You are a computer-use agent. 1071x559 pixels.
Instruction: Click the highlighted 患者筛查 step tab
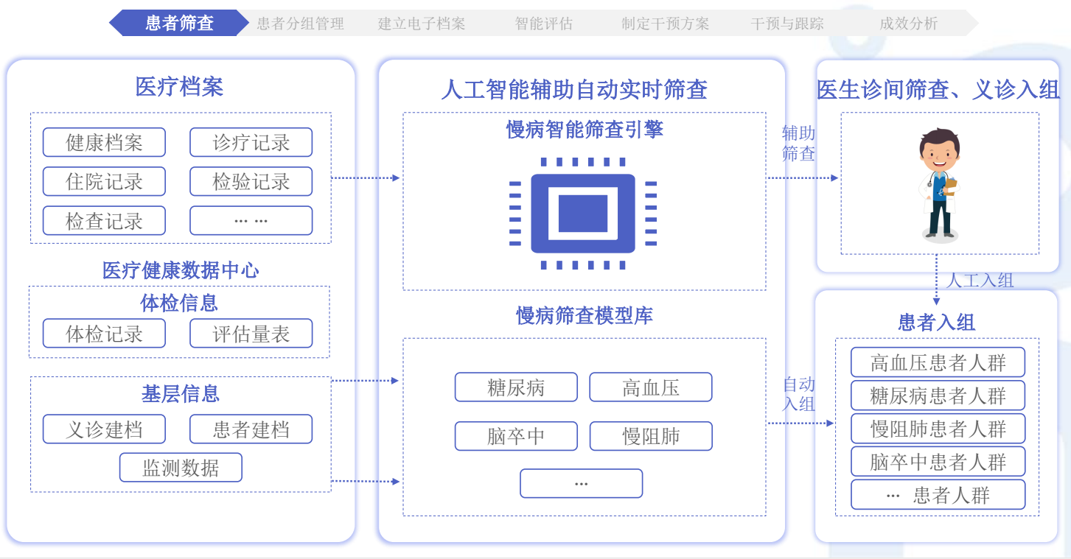click(179, 23)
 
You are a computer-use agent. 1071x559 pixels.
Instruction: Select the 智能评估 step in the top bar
click(544, 24)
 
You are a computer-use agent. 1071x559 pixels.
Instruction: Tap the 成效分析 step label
click(908, 24)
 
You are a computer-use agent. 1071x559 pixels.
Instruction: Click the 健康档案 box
click(104, 142)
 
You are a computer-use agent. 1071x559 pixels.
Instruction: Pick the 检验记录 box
click(251, 182)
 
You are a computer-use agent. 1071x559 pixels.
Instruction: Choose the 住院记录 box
click(104, 182)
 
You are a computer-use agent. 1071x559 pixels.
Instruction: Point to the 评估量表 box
click(251, 334)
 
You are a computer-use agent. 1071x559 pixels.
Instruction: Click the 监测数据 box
click(181, 467)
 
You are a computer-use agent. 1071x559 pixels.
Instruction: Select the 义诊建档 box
click(104, 429)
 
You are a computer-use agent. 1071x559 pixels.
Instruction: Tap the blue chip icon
click(583, 213)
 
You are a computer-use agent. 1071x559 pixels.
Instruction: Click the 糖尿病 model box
click(516, 387)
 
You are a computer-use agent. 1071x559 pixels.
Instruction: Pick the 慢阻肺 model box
click(651, 436)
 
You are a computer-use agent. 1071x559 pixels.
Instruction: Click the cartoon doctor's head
click(940, 150)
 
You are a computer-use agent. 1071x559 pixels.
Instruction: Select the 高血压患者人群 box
click(938, 362)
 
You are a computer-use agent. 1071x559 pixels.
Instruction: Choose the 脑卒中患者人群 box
click(938, 462)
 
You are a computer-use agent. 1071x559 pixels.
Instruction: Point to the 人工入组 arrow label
click(980, 281)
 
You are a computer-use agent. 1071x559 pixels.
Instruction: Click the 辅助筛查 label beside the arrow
click(798, 143)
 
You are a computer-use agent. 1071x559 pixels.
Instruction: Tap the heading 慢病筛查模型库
click(585, 315)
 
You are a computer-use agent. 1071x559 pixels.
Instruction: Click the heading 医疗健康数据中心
click(181, 270)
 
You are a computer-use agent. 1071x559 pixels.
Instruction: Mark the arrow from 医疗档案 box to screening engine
click(366, 177)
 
